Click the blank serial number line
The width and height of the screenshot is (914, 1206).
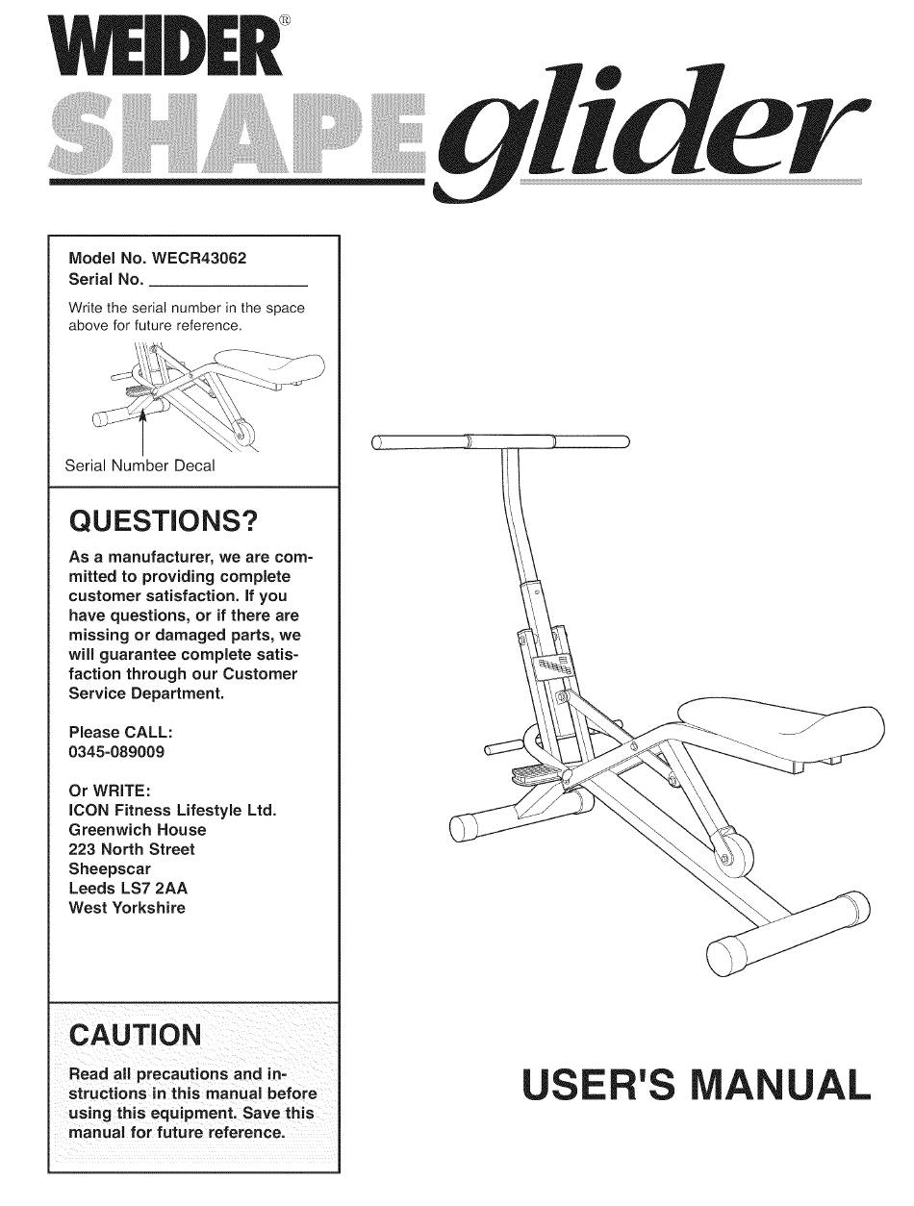tap(229, 281)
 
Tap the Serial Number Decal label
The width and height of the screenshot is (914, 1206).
tap(140, 465)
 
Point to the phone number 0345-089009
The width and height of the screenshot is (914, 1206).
tap(116, 752)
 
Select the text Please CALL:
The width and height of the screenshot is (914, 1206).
tap(120, 733)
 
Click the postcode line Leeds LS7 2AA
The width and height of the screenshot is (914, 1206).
tap(128, 888)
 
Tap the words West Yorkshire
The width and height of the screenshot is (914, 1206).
tap(127, 907)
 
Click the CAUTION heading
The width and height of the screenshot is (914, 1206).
tap(137, 1035)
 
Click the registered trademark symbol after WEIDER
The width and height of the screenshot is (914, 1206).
tap(301, 22)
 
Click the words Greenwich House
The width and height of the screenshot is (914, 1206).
tap(137, 829)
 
